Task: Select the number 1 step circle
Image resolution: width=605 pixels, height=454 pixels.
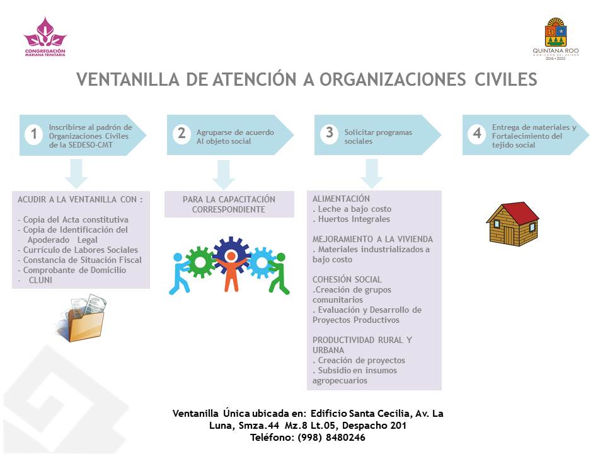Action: click(34, 134)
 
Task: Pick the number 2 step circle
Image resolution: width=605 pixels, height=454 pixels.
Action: click(181, 134)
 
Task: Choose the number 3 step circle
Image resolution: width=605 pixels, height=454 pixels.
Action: click(329, 134)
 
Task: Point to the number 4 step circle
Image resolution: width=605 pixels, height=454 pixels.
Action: click(477, 134)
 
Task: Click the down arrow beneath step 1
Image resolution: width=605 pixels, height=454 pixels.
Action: click(76, 174)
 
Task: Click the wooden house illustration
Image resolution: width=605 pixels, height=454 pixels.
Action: click(512, 223)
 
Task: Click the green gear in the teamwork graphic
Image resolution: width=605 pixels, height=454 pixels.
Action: click(197, 259)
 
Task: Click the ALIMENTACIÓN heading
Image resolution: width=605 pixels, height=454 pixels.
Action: click(341, 199)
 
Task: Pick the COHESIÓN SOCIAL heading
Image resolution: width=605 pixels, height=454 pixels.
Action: click(347, 279)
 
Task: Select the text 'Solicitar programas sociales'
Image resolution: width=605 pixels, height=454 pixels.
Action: click(378, 137)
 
